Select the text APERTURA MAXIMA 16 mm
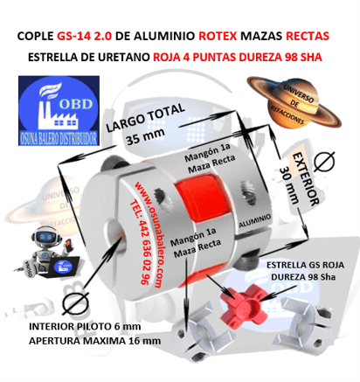(84, 340)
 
